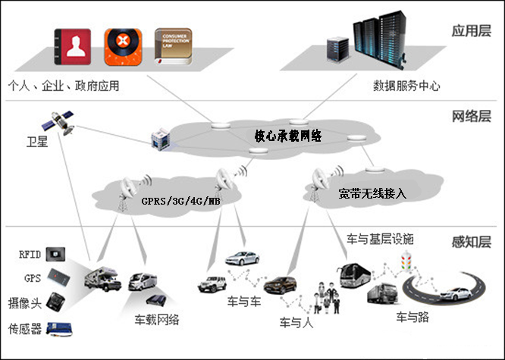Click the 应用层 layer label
point(471,32)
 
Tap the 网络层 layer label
point(471,117)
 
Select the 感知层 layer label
point(471,243)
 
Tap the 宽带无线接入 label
point(372,194)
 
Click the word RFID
point(30,255)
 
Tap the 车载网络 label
point(157,319)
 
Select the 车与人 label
point(295,321)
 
